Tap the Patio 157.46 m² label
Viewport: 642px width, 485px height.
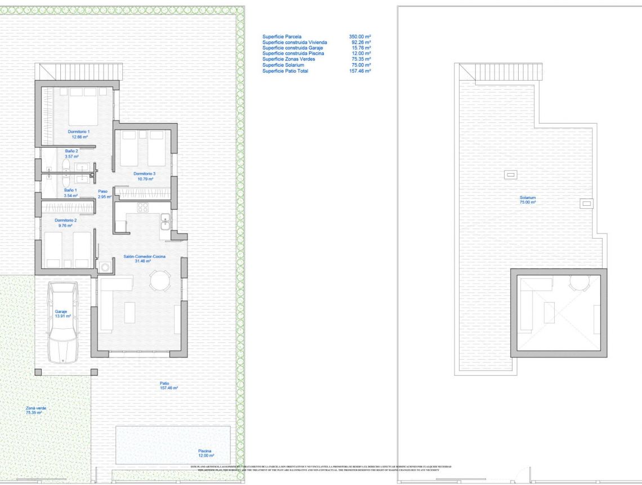(168, 386)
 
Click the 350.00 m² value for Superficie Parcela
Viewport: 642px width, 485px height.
(360, 37)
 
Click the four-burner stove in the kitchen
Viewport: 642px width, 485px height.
(142, 206)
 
